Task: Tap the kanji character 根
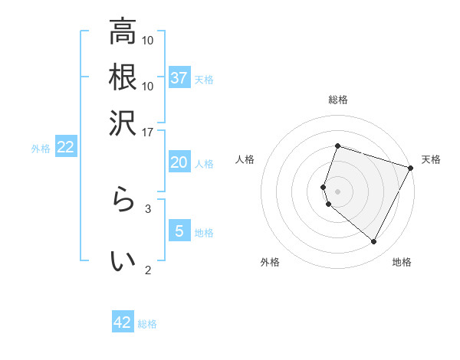click(x=123, y=77)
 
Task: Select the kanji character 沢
click(x=123, y=122)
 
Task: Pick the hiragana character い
click(x=123, y=260)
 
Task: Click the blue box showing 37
click(x=179, y=77)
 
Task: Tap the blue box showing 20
click(x=179, y=162)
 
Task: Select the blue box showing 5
click(x=179, y=231)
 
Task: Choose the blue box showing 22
click(x=66, y=147)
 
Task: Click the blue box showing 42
click(x=123, y=322)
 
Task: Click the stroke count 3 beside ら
click(x=148, y=208)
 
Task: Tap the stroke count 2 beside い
click(x=148, y=269)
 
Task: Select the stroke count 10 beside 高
click(x=148, y=40)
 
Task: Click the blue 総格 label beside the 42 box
click(x=147, y=324)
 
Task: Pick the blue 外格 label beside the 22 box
click(x=41, y=149)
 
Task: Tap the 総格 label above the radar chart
click(x=337, y=100)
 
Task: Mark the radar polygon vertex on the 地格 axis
click(x=374, y=242)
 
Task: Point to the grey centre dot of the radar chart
click(x=337, y=191)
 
